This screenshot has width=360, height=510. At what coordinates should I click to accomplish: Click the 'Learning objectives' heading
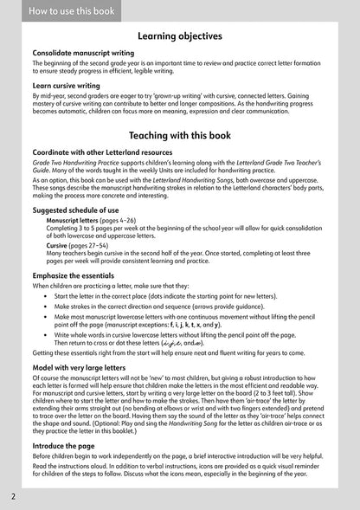(180, 36)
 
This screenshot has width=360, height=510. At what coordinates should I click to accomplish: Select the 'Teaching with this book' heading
(180, 136)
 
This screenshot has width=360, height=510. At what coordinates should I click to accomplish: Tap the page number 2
(13, 497)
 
